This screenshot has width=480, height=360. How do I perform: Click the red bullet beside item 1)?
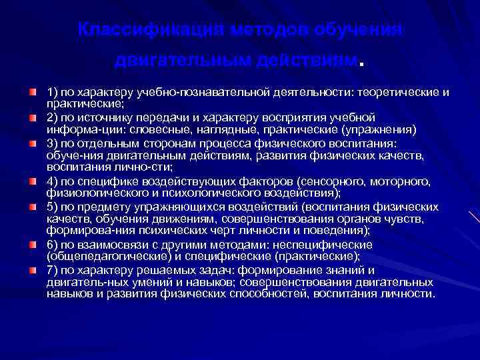click(33, 90)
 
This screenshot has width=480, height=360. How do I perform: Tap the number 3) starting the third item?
click(53, 143)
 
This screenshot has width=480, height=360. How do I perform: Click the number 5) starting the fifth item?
click(53, 206)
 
